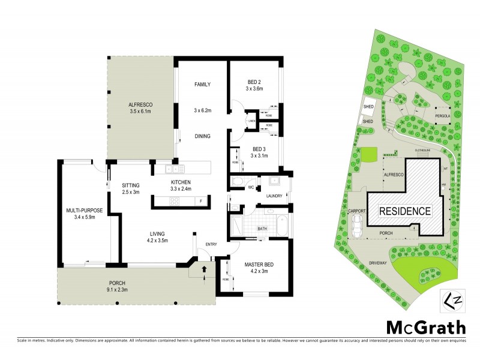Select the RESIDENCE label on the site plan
point(404,211)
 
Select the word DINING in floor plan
point(202,136)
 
